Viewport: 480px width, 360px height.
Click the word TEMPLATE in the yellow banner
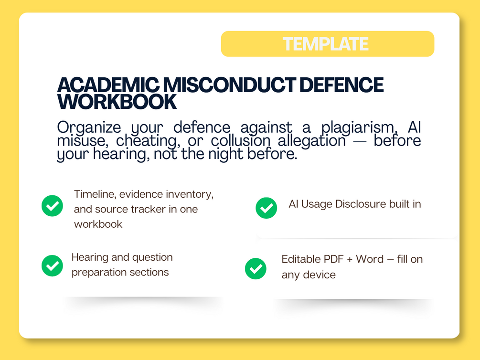(325, 44)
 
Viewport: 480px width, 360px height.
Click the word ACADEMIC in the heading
(108, 85)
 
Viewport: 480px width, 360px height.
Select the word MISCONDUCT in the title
(229, 85)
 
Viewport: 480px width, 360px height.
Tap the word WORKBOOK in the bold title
(117, 102)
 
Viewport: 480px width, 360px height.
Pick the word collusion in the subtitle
(241, 141)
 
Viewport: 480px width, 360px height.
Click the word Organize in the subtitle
(89, 127)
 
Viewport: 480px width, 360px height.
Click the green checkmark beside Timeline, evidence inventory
(53, 206)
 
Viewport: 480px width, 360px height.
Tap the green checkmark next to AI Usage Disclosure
(267, 208)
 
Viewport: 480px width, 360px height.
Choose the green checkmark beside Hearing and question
(53, 266)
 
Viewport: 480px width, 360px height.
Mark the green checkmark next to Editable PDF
(256, 269)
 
